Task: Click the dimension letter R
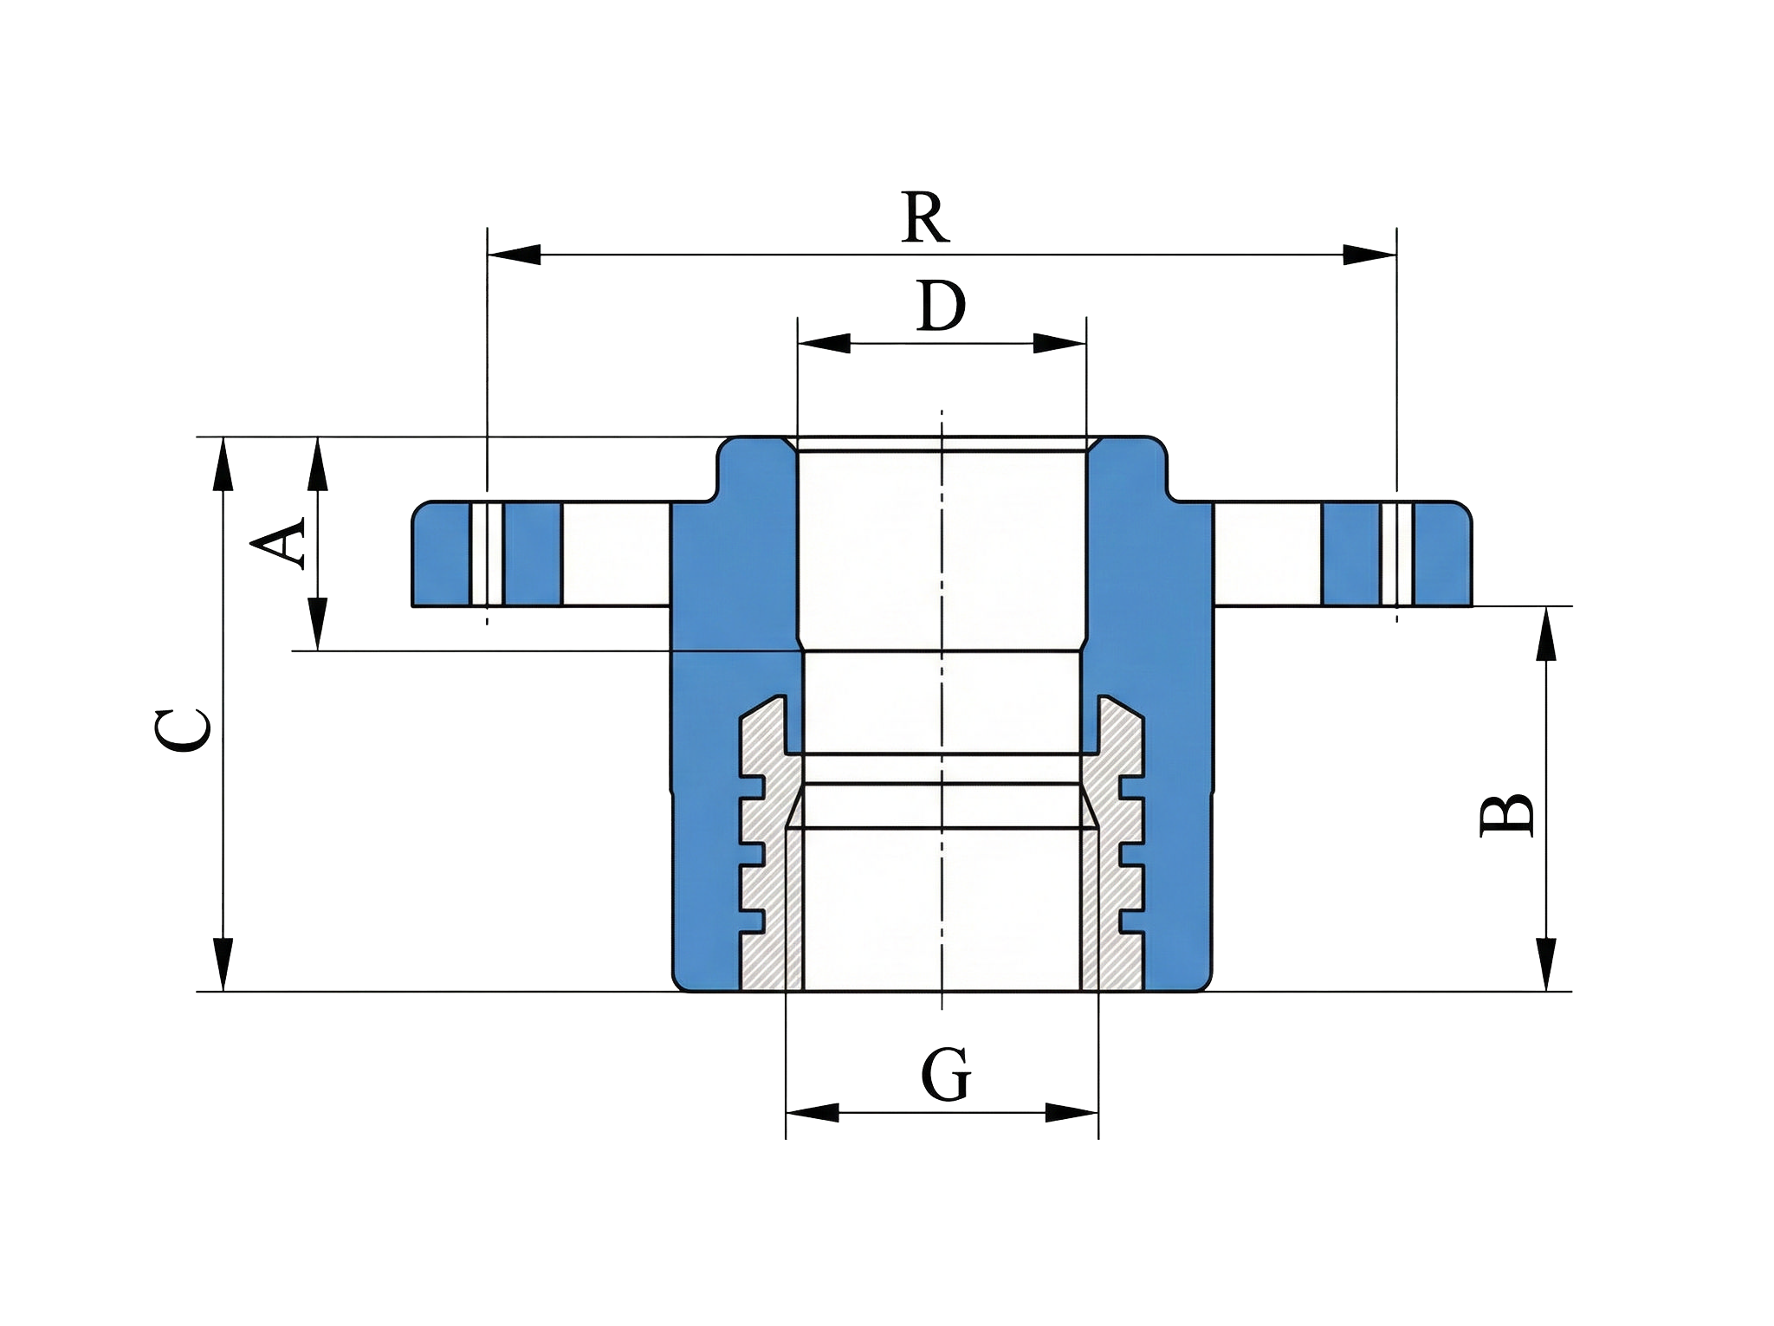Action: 925,217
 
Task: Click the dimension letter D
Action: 941,306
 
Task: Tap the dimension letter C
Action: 183,729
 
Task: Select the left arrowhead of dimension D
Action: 823,343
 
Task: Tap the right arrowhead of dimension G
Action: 1072,1113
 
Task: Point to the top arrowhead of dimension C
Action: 223,463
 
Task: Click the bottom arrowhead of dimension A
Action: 319,624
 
